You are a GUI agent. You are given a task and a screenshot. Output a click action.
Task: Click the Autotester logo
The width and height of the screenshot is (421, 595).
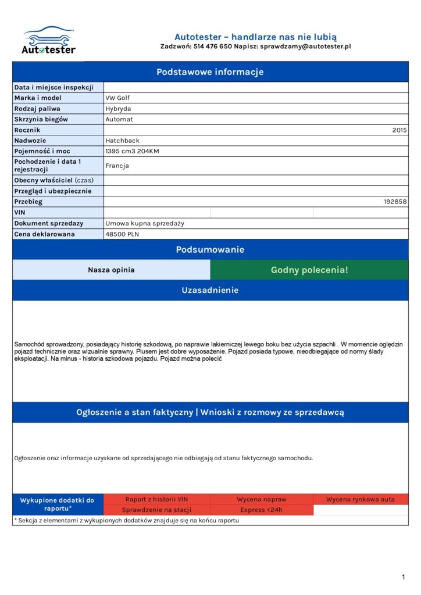48,41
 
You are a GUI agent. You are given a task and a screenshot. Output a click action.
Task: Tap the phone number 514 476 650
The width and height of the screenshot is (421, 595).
213,46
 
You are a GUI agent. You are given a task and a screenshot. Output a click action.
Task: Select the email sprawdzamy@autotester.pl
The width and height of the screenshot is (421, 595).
305,46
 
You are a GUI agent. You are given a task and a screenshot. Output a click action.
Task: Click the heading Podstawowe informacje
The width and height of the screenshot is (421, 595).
210,72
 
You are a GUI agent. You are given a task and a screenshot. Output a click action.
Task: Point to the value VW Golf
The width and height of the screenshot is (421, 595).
117,98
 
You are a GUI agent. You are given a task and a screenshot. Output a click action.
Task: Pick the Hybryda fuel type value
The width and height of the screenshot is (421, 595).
118,109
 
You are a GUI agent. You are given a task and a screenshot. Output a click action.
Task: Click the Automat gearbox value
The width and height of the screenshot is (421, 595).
119,119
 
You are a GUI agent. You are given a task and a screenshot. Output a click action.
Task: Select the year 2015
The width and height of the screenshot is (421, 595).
399,130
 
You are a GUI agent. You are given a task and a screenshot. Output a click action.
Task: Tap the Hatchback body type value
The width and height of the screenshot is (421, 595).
122,141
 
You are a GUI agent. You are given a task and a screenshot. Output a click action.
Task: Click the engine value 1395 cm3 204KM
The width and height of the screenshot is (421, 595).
132,151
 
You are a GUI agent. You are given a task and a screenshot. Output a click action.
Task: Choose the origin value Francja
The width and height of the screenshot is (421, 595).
117,166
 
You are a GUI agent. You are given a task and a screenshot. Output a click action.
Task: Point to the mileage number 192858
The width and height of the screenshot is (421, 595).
395,202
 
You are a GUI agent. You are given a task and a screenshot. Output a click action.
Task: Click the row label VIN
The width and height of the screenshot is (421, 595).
20,213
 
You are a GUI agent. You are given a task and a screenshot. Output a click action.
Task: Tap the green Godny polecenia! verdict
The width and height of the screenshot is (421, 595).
309,270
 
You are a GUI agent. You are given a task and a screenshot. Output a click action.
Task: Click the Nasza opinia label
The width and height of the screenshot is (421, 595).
111,270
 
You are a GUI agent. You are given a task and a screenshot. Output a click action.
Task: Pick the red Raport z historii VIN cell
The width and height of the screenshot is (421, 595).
157,499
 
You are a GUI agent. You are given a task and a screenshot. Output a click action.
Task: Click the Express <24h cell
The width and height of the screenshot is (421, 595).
262,510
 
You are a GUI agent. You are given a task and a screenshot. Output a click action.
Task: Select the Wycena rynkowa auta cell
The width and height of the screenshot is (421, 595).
361,499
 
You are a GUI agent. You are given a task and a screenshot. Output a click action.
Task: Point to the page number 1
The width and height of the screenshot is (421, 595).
404,577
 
